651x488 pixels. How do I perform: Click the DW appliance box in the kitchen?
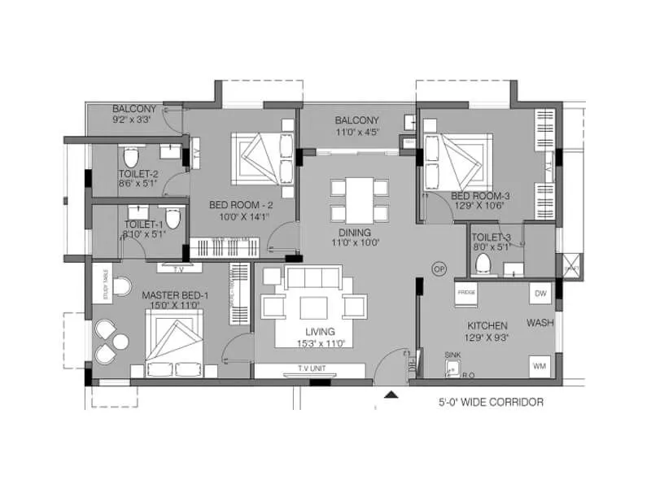coord(540,292)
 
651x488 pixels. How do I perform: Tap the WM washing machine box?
coord(540,366)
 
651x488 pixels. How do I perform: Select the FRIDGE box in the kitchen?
coord(466,291)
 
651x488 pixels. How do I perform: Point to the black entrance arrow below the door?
coord(391,395)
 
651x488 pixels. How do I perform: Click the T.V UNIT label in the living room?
coord(310,368)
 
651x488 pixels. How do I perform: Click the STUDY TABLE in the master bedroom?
coord(103,283)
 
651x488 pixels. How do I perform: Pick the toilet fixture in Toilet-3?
coord(484,263)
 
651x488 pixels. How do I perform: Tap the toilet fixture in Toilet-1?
coord(172,216)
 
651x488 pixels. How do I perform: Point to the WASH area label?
coord(540,323)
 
